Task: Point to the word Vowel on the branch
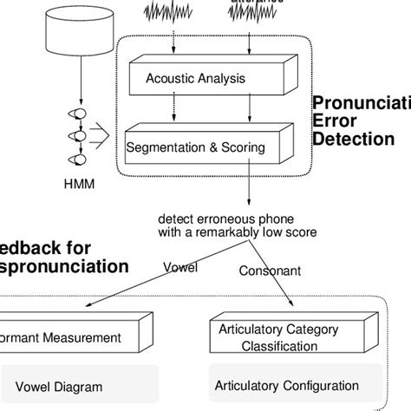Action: pyautogui.click(x=180, y=268)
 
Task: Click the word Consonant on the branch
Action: pyautogui.click(x=270, y=271)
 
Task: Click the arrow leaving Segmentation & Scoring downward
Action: pyautogui.click(x=249, y=186)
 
